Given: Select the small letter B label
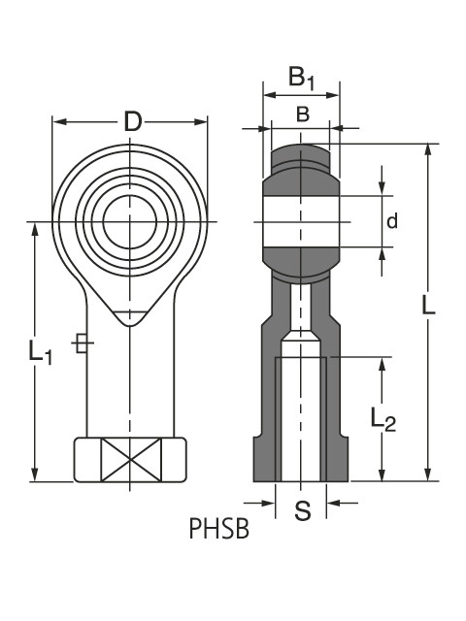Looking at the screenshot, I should (x=302, y=114).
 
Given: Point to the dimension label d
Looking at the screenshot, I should (x=392, y=221).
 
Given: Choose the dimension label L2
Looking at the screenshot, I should (x=383, y=419).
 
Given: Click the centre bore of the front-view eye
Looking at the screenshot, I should (x=129, y=223).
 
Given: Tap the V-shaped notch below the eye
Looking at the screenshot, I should (x=129, y=313).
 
